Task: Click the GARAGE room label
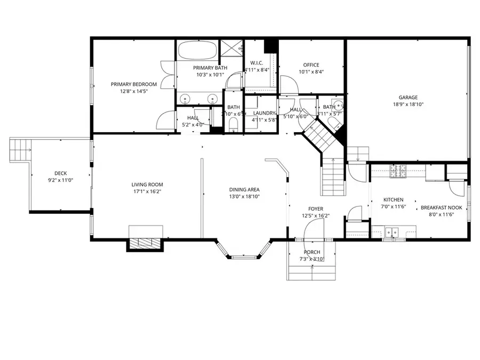tap(408, 97)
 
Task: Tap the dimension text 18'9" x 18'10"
tap(408, 105)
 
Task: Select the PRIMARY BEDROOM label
tap(134, 84)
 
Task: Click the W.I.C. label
tap(257, 62)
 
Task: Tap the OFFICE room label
tap(311, 65)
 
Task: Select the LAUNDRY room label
tap(264, 113)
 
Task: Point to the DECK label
tap(60, 173)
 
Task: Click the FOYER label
tap(315, 209)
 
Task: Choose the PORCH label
tap(312, 252)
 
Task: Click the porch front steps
tap(312, 271)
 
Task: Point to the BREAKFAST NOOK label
tap(441, 207)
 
